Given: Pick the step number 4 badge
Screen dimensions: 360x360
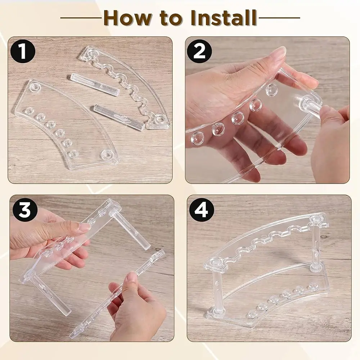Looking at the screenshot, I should (201, 209).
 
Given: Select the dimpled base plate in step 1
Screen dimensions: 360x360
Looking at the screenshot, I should (61, 122).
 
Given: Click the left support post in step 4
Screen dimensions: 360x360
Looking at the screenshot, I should (216, 292).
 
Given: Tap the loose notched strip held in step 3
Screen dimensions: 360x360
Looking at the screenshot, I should (119, 295).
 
